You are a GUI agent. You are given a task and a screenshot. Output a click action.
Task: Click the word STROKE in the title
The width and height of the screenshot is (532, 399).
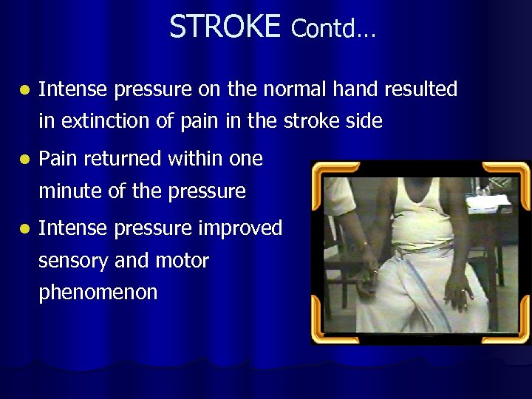225,27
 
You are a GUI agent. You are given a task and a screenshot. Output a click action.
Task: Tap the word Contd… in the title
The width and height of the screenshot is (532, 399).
333,29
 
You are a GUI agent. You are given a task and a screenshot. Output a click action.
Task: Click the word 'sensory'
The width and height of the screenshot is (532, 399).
71,261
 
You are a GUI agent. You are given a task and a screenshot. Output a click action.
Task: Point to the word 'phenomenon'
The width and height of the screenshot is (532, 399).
98,293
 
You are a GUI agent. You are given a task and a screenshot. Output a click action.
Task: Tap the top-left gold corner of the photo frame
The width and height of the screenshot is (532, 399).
322,172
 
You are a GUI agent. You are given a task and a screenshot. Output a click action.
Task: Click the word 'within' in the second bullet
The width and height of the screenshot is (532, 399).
194,159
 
